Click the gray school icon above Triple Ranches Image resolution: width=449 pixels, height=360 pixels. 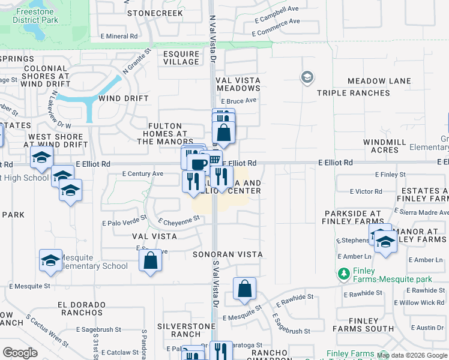tap(307, 77)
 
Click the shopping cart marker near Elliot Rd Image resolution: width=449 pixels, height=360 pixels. tap(214, 160)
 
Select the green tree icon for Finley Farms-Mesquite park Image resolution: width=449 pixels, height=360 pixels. tap(344, 274)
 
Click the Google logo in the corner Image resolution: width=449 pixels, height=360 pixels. tap(20, 353)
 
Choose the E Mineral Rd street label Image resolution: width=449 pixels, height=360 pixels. tap(119, 37)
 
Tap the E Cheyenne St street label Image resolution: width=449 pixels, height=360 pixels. tap(179, 221)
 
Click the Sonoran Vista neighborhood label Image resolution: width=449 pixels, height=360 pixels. tap(228, 254)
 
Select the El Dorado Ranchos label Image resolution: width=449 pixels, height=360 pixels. tap(80, 308)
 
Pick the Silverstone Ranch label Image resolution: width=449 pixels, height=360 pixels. tap(178, 329)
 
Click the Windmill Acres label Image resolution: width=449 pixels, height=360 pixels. tap(385, 146)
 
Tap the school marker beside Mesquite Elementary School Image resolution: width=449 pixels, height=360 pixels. tap(50, 260)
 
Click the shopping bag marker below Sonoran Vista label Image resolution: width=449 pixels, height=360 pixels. tap(244, 289)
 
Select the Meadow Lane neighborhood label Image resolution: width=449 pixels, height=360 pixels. tap(379, 81)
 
